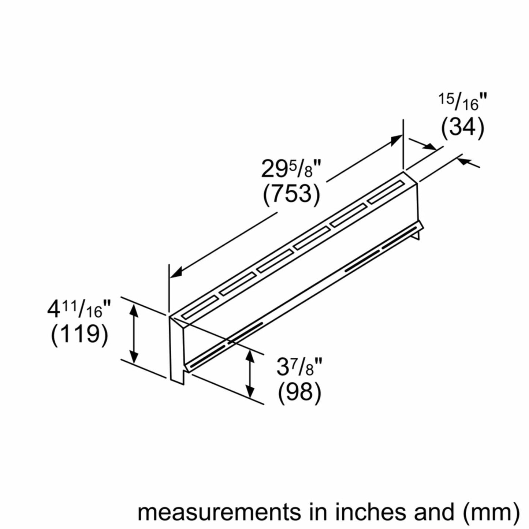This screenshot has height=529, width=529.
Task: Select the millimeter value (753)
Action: (x=291, y=194)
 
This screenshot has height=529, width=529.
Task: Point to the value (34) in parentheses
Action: (x=462, y=128)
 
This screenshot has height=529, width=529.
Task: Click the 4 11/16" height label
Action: (x=79, y=310)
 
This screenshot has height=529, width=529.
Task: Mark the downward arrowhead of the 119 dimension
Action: (x=134, y=357)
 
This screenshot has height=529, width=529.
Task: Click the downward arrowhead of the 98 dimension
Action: (x=250, y=394)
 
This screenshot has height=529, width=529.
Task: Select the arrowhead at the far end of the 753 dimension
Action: (x=397, y=139)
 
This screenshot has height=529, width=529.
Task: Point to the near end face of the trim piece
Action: (x=177, y=348)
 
